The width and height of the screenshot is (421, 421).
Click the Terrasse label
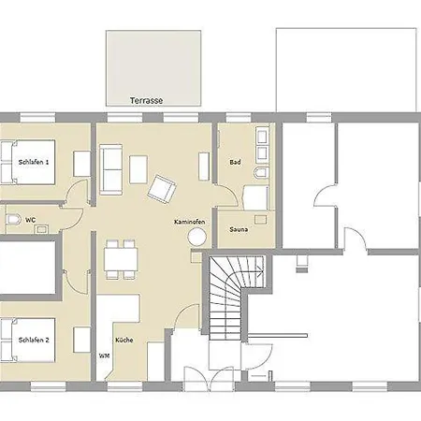[x=146, y=100]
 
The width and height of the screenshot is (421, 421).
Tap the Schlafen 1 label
[x=34, y=162]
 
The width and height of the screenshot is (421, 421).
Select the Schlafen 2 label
[x=34, y=340]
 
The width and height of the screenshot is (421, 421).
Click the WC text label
[x=30, y=220]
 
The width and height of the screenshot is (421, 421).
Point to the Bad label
[x=235, y=162]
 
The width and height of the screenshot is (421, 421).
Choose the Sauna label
[x=239, y=229]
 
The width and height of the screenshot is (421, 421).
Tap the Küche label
[x=124, y=340]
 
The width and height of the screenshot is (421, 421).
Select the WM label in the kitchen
[x=104, y=356]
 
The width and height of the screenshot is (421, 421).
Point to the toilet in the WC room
[x=13, y=220]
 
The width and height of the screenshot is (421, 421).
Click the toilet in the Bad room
[x=261, y=173]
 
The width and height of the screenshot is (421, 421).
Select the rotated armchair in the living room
[x=162, y=190]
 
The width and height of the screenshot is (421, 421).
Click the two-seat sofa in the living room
[x=111, y=169]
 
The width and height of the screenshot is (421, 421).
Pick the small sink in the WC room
[x=41, y=229]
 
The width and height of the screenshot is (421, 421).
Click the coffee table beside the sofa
[x=138, y=169]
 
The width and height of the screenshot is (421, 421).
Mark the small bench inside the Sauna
[x=260, y=219]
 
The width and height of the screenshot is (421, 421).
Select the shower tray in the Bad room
[x=255, y=198]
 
